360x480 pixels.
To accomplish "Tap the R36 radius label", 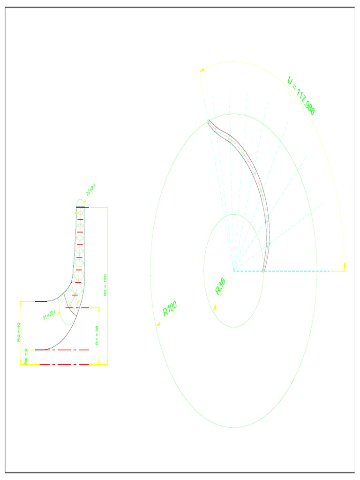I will pos(220,286).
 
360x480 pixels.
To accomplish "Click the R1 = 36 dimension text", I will pos(97,336).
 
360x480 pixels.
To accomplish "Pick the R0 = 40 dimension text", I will pos(19,332).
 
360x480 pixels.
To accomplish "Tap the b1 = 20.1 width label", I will pos(49,315).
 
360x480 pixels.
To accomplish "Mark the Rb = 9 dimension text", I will pos(26,356).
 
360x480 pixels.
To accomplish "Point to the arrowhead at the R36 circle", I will pos(214,308).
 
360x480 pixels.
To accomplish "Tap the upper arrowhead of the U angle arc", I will pos(202,70).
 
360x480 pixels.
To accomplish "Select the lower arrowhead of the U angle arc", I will pos(345,268).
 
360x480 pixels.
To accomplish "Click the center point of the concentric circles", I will pos(233,271).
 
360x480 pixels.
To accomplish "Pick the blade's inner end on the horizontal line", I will pos(264,271).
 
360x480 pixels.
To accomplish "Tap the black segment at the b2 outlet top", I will pos(80,207).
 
